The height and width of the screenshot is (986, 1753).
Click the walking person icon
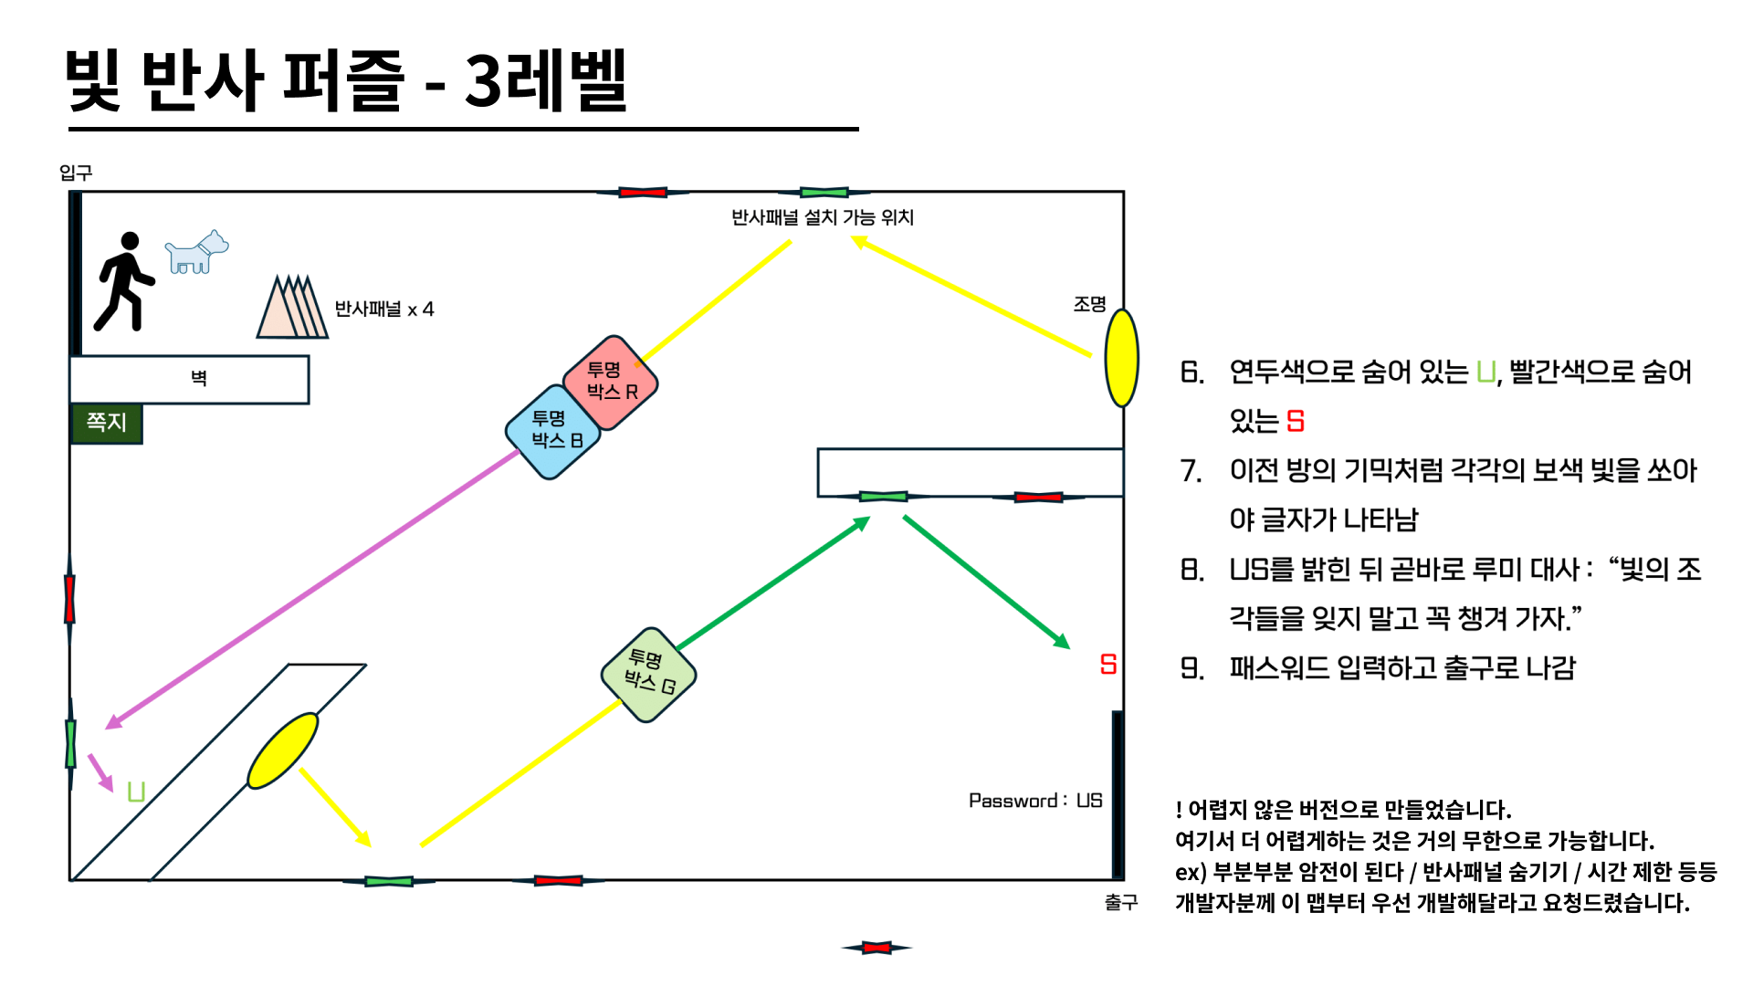click(x=125, y=281)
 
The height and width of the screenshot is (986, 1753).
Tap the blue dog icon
click(x=196, y=253)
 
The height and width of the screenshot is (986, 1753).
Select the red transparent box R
click(x=611, y=382)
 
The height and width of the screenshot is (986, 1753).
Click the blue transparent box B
click(x=553, y=431)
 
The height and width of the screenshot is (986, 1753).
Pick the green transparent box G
click(x=649, y=675)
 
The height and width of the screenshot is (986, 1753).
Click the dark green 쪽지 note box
click(x=106, y=423)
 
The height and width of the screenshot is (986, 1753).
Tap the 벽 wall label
click(x=198, y=378)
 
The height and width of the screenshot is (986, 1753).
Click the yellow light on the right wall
click(x=1121, y=358)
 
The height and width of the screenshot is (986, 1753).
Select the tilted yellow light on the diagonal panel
click(x=283, y=750)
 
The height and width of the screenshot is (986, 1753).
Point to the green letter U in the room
click(x=136, y=791)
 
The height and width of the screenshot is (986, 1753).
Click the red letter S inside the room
click(x=1108, y=664)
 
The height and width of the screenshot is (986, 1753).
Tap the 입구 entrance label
click(x=76, y=173)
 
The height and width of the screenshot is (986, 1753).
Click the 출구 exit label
click(x=1121, y=902)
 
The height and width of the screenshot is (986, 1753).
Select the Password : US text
click(x=1035, y=801)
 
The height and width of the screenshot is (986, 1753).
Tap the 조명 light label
click(x=1089, y=304)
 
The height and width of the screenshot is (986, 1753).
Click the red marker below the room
click(x=876, y=948)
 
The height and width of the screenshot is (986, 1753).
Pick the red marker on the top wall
click(x=643, y=192)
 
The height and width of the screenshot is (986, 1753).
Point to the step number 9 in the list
click(x=1191, y=668)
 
